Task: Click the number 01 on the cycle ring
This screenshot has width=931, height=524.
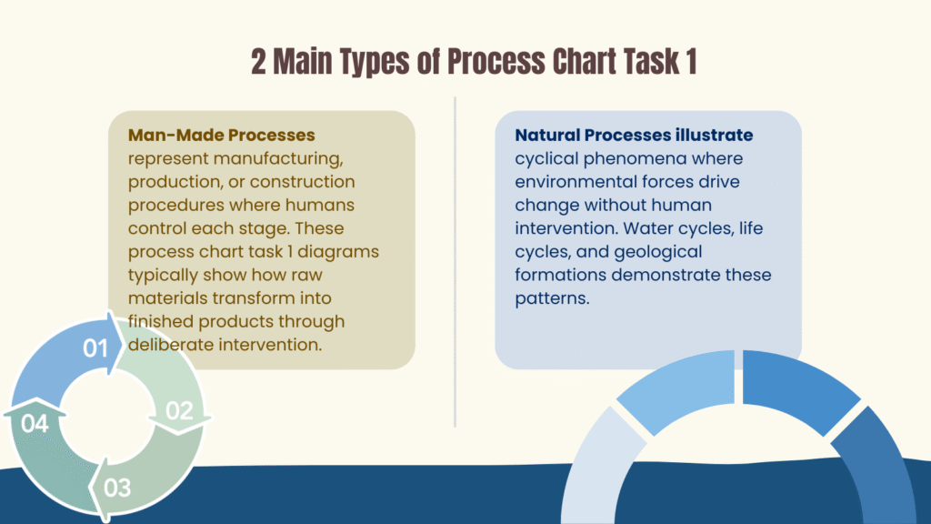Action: pyautogui.click(x=95, y=348)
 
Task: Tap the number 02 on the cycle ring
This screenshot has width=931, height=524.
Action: pyautogui.click(x=179, y=410)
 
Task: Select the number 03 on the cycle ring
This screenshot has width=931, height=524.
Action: pyautogui.click(x=117, y=488)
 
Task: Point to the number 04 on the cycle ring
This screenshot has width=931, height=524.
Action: pyautogui.click(x=34, y=423)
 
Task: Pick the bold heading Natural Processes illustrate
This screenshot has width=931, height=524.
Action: pyautogui.click(x=634, y=135)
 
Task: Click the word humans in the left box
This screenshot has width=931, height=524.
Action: pyautogui.click(x=319, y=205)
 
